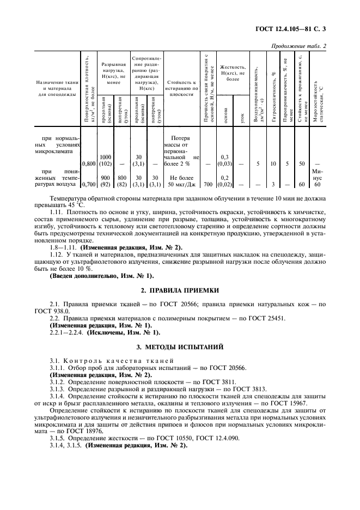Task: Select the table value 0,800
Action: click(89, 163)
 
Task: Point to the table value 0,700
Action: click(89, 185)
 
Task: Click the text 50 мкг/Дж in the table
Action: click(179, 185)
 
